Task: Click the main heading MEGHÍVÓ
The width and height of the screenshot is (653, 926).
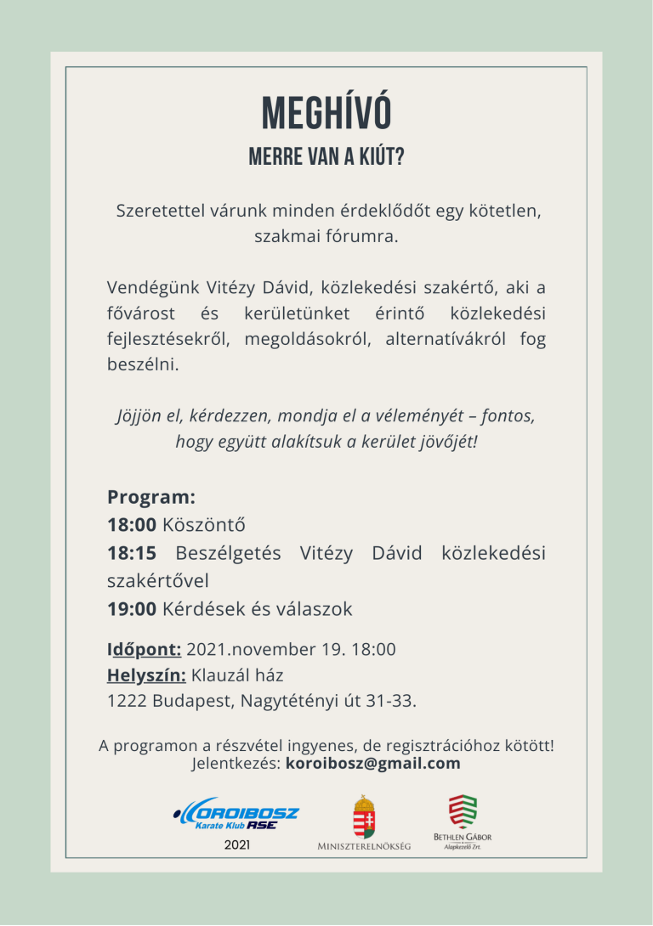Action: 326,113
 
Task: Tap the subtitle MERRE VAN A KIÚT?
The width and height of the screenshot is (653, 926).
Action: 326,158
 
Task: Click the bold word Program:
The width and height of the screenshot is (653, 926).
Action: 151,496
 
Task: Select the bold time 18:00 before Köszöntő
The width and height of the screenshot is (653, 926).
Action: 132,524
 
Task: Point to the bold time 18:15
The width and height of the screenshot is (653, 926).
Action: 132,553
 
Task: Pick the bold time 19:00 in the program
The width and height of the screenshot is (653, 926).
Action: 132,609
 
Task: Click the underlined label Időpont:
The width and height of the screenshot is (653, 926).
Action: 144,650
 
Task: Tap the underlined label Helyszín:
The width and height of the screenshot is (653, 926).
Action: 146,676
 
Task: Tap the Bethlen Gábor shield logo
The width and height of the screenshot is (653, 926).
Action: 463,812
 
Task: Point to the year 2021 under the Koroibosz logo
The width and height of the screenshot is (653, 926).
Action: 237,845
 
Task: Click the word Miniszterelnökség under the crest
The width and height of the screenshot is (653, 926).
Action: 364,846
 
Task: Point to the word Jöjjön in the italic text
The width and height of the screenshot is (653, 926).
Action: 137,417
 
